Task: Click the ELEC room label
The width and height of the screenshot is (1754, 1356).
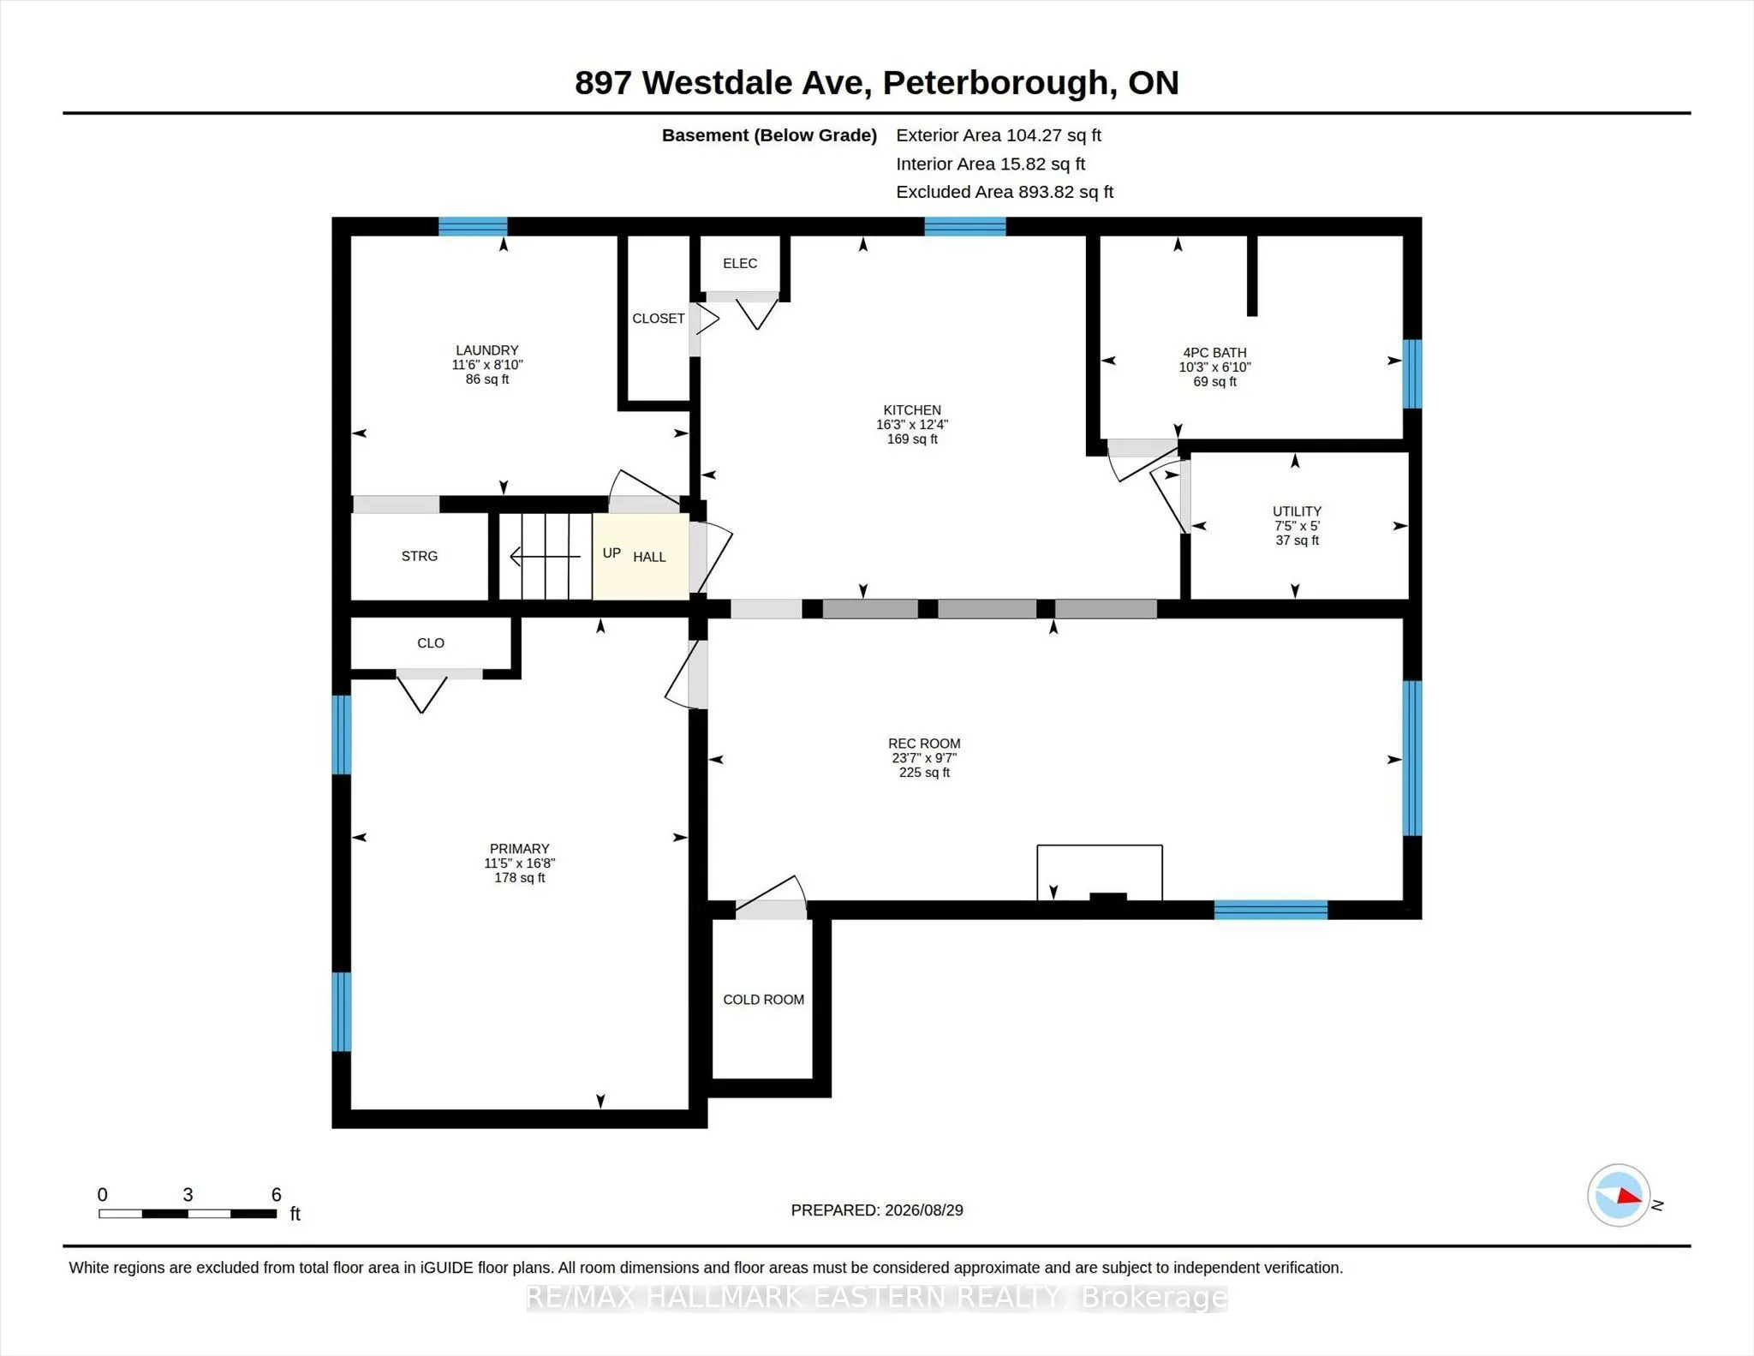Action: [x=740, y=264]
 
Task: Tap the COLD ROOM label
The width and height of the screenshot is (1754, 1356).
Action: [x=763, y=1000]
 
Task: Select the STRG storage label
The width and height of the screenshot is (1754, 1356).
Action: [x=420, y=556]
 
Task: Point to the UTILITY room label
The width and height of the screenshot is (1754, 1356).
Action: [x=1297, y=511]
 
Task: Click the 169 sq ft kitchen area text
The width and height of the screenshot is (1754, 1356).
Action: [x=912, y=439]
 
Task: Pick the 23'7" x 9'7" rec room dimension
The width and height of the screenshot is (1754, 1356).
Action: [x=924, y=758]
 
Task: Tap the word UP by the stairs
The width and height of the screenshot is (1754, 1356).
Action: [x=612, y=553]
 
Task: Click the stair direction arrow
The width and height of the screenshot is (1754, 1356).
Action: [x=546, y=557]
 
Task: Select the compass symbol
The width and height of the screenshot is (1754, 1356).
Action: [x=1619, y=1195]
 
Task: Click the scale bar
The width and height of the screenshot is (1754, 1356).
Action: [x=188, y=1213]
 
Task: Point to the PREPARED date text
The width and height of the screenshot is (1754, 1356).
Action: [x=877, y=1210]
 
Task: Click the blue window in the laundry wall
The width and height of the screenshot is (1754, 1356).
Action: [x=473, y=227]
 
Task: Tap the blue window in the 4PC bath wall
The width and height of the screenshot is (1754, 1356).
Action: [x=1412, y=374]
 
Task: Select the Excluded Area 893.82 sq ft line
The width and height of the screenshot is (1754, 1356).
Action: [x=1005, y=192]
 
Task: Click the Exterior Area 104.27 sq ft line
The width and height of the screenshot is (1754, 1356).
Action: [x=999, y=135]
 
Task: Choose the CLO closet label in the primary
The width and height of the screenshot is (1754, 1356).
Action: [x=431, y=643]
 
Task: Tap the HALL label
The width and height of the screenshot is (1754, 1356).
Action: [x=649, y=558]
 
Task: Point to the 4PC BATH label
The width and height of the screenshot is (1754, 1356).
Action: [x=1214, y=353]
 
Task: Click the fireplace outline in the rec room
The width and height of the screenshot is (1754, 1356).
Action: [x=1100, y=846]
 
